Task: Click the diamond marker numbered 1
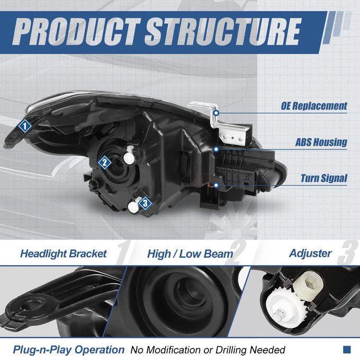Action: tap(25, 126)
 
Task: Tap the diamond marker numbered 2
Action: tap(105, 163)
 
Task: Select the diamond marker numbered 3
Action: tap(145, 203)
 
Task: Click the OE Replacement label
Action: tap(314, 106)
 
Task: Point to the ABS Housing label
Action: tap(321, 142)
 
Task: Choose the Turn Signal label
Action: tap(324, 178)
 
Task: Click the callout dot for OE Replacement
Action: tap(216, 113)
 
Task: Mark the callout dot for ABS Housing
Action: tap(216, 149)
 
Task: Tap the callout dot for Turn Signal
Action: tap(216, 185)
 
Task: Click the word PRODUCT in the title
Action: tap(76, 31)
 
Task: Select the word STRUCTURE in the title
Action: tap(223, 31)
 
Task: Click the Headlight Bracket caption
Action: tap(64, 254)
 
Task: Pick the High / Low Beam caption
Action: tap(190, 254)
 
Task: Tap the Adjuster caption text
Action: tap(310, 253)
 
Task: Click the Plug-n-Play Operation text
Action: tap(68, 350)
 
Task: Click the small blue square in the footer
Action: tap(347, 349)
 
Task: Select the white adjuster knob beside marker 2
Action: tap(129, 156)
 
